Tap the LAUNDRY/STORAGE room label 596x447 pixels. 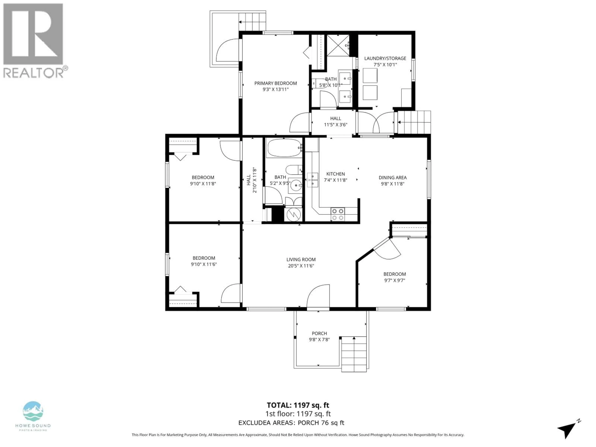[x=385, y=58]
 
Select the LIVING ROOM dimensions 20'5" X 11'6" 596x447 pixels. [x=301, y=266]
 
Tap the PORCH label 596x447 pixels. [x=319, y=333]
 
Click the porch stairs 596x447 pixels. [x=354, y=354]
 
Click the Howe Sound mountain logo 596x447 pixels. [x=33, y=411]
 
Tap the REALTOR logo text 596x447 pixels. [x=34, y=73]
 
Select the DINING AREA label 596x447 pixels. [x=393, y=177]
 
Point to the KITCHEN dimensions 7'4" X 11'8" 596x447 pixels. [x=335, y=180]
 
